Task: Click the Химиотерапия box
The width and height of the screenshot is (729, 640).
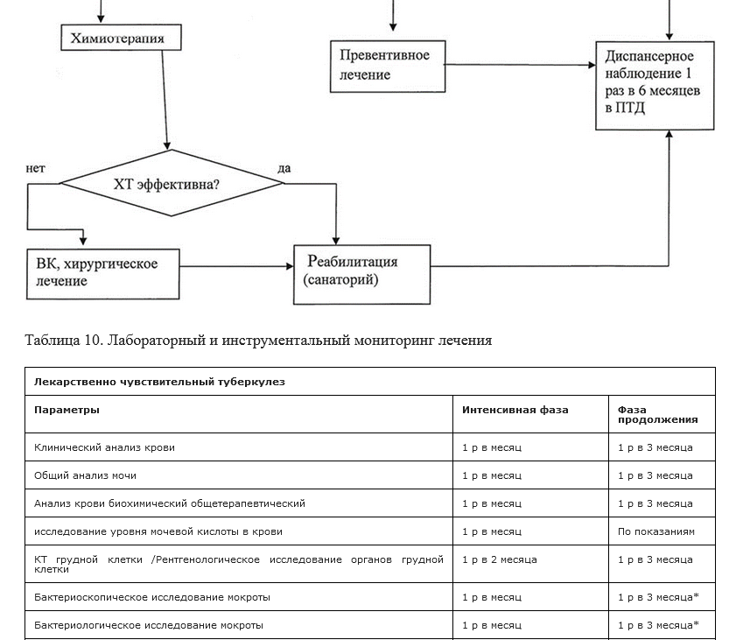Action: tap(121, 37)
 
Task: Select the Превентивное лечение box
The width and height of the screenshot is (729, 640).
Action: tap(388, 66)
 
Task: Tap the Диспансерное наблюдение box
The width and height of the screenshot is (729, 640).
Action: tap(655, 86)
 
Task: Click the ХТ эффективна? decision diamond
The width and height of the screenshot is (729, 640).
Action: tap(172, 183)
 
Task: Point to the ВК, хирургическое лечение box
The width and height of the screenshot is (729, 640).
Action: tap(102, 274)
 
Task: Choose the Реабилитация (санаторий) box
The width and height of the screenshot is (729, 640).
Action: tap(361, 274)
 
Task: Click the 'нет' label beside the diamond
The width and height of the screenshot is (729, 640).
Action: tap(35, 168)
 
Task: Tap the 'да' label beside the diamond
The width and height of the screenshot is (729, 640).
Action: tap(284, 168)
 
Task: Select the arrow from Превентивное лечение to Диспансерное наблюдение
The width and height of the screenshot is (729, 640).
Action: tap(520, 65)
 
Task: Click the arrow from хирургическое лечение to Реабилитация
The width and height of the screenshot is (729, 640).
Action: tap(236, 266)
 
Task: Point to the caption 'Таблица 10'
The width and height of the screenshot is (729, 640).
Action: tap(64, 340)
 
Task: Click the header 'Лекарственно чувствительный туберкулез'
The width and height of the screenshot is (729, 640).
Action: tap(159, 382)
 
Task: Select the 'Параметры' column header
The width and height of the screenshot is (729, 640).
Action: tap(67, 410)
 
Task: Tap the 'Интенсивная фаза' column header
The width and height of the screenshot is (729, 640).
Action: tap(515, 410)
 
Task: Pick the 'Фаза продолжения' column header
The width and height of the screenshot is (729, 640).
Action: tap(658, 414)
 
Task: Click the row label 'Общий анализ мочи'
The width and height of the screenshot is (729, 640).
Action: tap(85, 475)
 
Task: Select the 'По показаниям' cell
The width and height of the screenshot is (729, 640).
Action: tap(656, 531)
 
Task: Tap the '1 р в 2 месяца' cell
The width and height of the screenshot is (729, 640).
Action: tap(500, 559)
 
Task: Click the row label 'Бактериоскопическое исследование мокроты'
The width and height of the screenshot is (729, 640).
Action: tap(152, 597)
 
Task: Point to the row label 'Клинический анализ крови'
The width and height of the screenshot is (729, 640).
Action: tap(105, 447)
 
